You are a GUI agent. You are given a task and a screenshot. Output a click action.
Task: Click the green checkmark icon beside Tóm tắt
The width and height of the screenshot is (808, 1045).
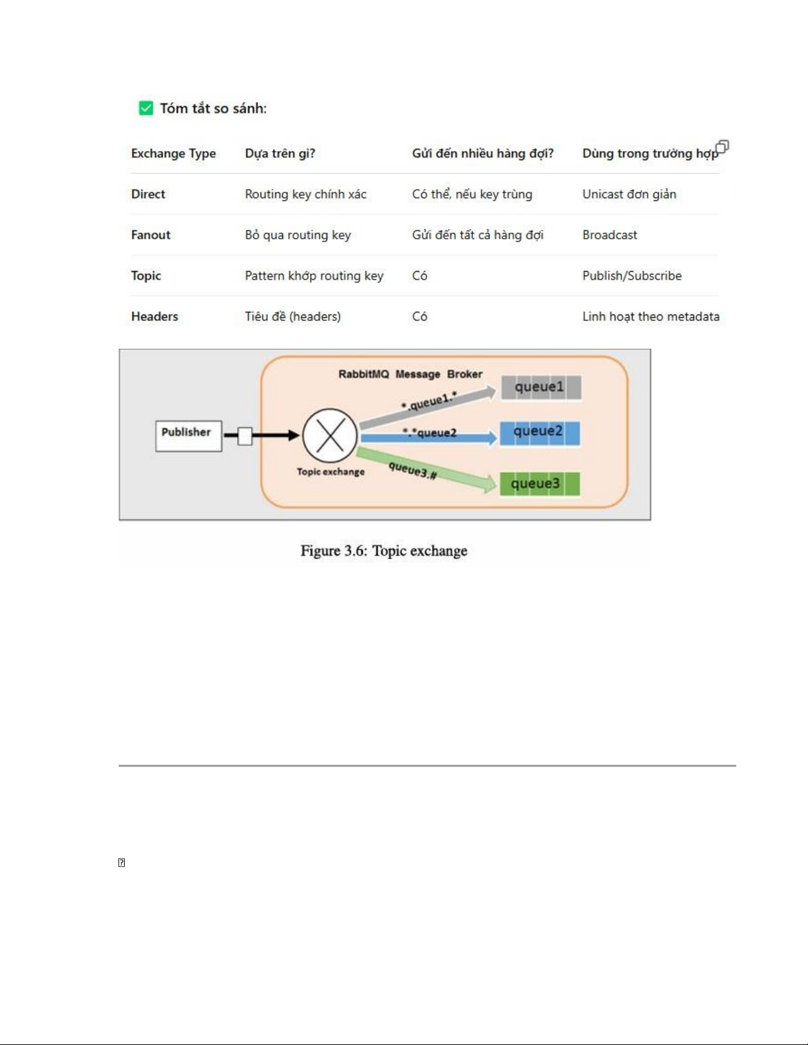(146, 108)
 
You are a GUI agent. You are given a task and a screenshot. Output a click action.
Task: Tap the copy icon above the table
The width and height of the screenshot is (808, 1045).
(722, 146)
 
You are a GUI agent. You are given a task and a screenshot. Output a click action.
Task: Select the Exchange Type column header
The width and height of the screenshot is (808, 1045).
(173, 154)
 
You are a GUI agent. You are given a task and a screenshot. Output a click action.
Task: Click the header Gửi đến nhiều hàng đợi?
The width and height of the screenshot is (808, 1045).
(482, 154)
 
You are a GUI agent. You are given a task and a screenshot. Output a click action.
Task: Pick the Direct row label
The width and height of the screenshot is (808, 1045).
(148, 194)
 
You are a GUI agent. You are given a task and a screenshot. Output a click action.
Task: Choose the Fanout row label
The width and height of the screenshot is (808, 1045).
(150, 235)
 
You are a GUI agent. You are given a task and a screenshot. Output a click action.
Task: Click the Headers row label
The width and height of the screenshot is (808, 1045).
(154, 316)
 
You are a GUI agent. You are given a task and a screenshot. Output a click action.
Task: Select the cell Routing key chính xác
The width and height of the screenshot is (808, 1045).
(305, 194)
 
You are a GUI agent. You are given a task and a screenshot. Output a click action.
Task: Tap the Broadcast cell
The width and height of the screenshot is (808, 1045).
(609, 235)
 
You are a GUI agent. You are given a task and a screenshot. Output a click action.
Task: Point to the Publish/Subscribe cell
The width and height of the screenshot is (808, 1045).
(632, 276)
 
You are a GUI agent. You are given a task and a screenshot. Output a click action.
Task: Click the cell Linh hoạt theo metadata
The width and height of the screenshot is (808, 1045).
(651, 316)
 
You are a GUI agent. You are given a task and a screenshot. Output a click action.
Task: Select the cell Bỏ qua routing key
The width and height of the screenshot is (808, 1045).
(297, 235)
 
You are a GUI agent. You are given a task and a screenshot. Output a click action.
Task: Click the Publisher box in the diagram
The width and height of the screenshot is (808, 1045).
(189, 436)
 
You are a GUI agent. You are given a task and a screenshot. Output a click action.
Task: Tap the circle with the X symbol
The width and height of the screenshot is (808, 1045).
(330, 436)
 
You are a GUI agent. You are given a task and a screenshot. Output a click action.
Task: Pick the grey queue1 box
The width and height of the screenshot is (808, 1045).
(541, 388)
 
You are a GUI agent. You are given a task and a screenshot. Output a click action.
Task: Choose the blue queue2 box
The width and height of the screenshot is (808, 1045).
(540, 433)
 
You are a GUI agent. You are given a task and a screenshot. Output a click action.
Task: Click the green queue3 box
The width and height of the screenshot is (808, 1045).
(540, 484)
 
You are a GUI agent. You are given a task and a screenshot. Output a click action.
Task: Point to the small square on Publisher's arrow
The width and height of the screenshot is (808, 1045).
(245, 436)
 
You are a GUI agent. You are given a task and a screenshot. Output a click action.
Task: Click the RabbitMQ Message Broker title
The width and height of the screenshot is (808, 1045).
(410, 374)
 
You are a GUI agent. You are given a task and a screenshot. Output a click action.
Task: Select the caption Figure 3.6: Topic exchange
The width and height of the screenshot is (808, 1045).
(384, 551)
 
